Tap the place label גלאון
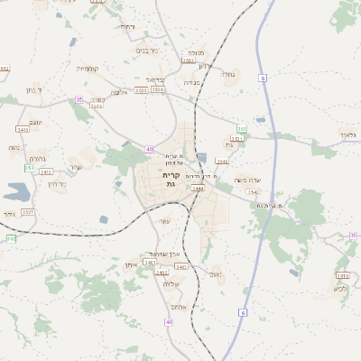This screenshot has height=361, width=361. pyautogui.click(x=348, y=134)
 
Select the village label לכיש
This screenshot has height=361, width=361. pyautogui.click(x=339, y=288)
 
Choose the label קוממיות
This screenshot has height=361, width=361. pyautogui.click(x=88, y=69)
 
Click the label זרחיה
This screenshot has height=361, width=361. pyautogui.click(x=127, y=27)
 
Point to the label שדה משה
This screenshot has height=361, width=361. pyautogui.click(x=246, y=180)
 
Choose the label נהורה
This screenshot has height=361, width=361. pyautogui.click(x=49, y=159)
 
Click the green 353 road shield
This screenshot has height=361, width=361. pyautogui.click(x=29, y=168)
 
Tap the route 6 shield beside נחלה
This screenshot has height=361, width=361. pyautogui.click(x=263, y=80)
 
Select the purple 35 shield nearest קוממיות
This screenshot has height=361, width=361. pyautogui.click(x=79, y=99)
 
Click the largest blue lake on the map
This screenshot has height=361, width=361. pyautogui.click(x=15, y=191)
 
